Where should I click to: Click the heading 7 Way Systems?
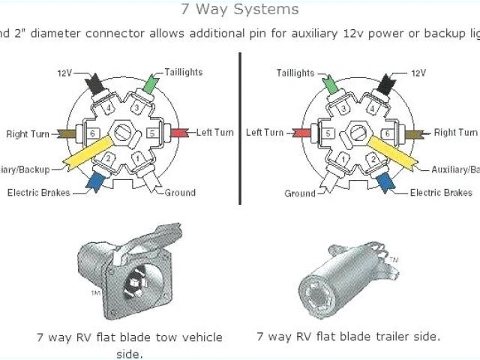tap(240, 10)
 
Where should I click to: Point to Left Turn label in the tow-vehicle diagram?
tap(215, 133)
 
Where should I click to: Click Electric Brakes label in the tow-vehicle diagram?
tap(38, 193)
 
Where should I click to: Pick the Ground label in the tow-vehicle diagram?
tap(180, 193)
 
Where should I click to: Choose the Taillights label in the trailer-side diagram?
tap(295, 73)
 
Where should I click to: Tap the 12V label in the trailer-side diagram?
tap(418, 74)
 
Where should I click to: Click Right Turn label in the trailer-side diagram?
tap(455, 133)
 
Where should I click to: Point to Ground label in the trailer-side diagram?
tap(300, 193)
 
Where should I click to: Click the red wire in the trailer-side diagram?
tap(301, 133)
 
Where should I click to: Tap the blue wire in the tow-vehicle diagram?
tap(94, 181)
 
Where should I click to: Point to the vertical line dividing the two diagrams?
tap(239, 127)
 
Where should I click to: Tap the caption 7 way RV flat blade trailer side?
tap(348, 337)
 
